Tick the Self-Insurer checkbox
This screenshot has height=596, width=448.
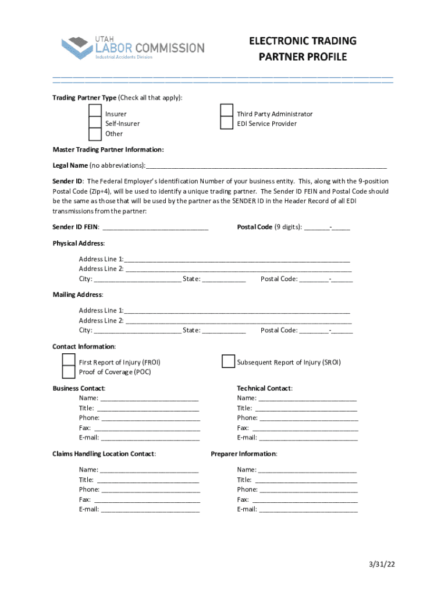[95, 123]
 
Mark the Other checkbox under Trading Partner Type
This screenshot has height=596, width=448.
[95, 134]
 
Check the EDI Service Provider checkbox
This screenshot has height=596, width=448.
[227, 123]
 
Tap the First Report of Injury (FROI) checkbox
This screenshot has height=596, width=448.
[69, 361]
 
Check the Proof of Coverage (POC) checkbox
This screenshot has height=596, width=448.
[69, 372]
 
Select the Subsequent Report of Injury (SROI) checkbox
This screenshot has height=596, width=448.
[228, 362]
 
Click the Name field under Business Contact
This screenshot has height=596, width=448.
[150, 399]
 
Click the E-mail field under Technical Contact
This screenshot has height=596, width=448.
[308, 438]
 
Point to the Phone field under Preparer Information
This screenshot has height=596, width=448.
[308, 490]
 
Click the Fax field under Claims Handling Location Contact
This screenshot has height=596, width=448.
[147, 500]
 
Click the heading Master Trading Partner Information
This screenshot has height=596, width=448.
[108, 150]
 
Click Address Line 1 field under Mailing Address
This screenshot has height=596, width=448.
[237, 311]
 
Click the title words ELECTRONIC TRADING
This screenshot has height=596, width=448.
[303, 41]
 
